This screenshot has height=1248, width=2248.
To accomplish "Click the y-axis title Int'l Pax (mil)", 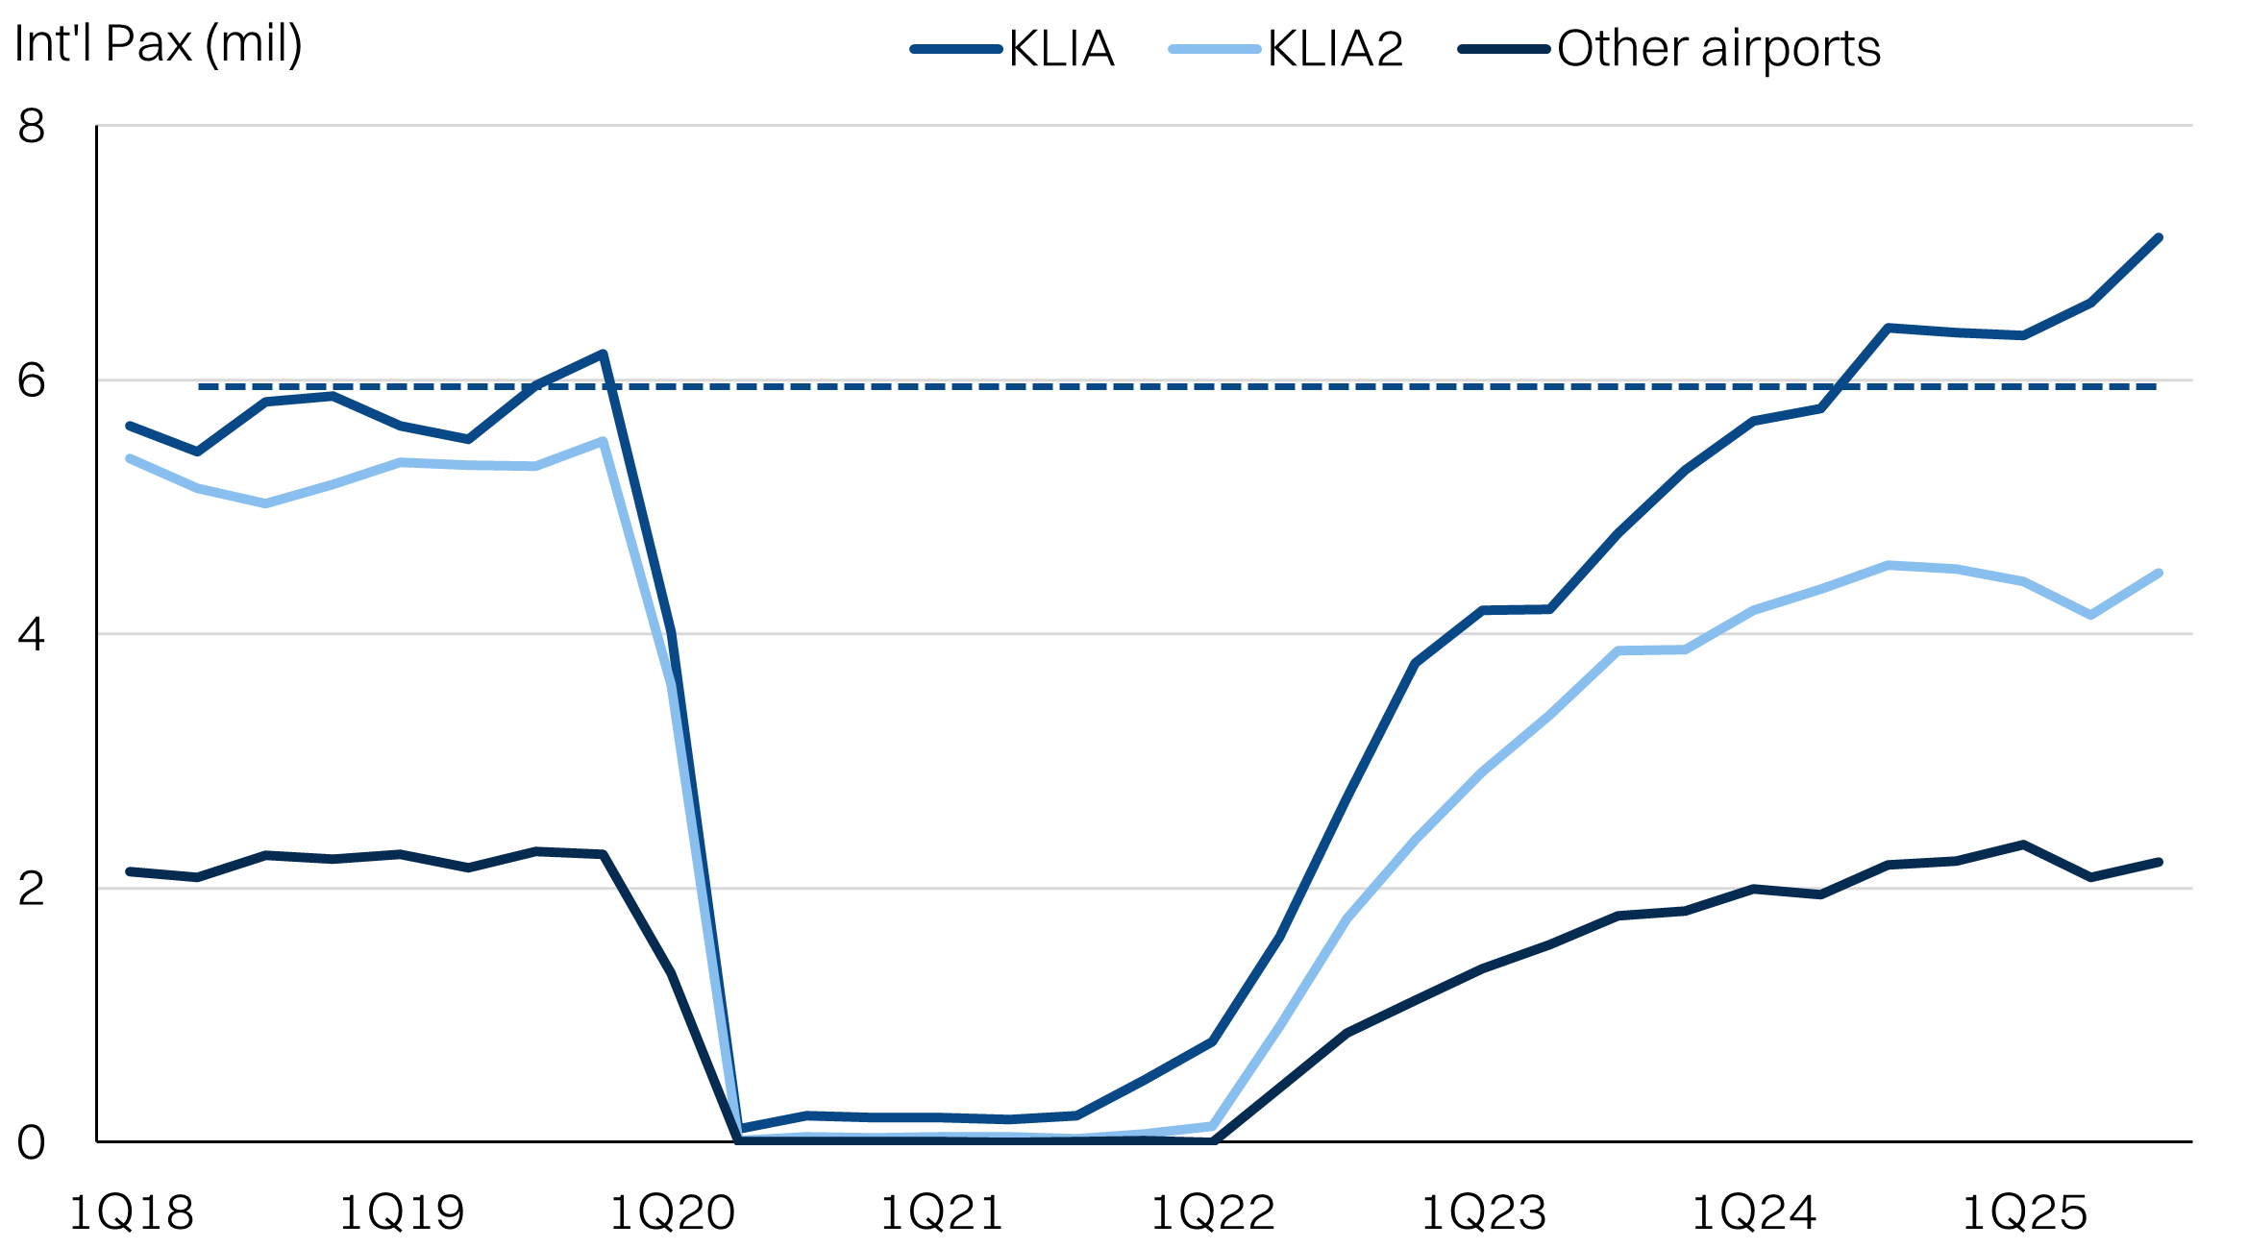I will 159,44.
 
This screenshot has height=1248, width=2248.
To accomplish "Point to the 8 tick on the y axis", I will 32,126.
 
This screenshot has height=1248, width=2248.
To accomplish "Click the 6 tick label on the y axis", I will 32,380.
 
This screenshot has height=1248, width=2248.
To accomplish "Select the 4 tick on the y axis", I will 32,634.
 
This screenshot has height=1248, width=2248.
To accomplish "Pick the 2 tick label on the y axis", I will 32,889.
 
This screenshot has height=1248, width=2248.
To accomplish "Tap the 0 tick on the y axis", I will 32,1142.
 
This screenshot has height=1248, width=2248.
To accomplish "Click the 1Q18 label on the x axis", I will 132,1212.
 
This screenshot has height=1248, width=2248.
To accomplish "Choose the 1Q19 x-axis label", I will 402,1212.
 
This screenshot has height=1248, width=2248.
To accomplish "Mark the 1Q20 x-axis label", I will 673,1212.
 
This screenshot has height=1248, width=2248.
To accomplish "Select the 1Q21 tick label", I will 942,1212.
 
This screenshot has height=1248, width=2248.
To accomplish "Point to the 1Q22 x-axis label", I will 1213,1212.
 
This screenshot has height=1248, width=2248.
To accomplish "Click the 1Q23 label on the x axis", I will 1483,1212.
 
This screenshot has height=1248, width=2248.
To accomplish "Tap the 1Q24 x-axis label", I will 1754,1212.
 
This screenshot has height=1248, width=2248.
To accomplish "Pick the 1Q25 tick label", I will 2024,1212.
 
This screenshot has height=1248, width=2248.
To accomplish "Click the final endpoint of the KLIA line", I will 2159,237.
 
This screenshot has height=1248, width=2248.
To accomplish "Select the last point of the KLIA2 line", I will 2159,574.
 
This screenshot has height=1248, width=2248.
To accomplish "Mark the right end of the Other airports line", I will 2159,862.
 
